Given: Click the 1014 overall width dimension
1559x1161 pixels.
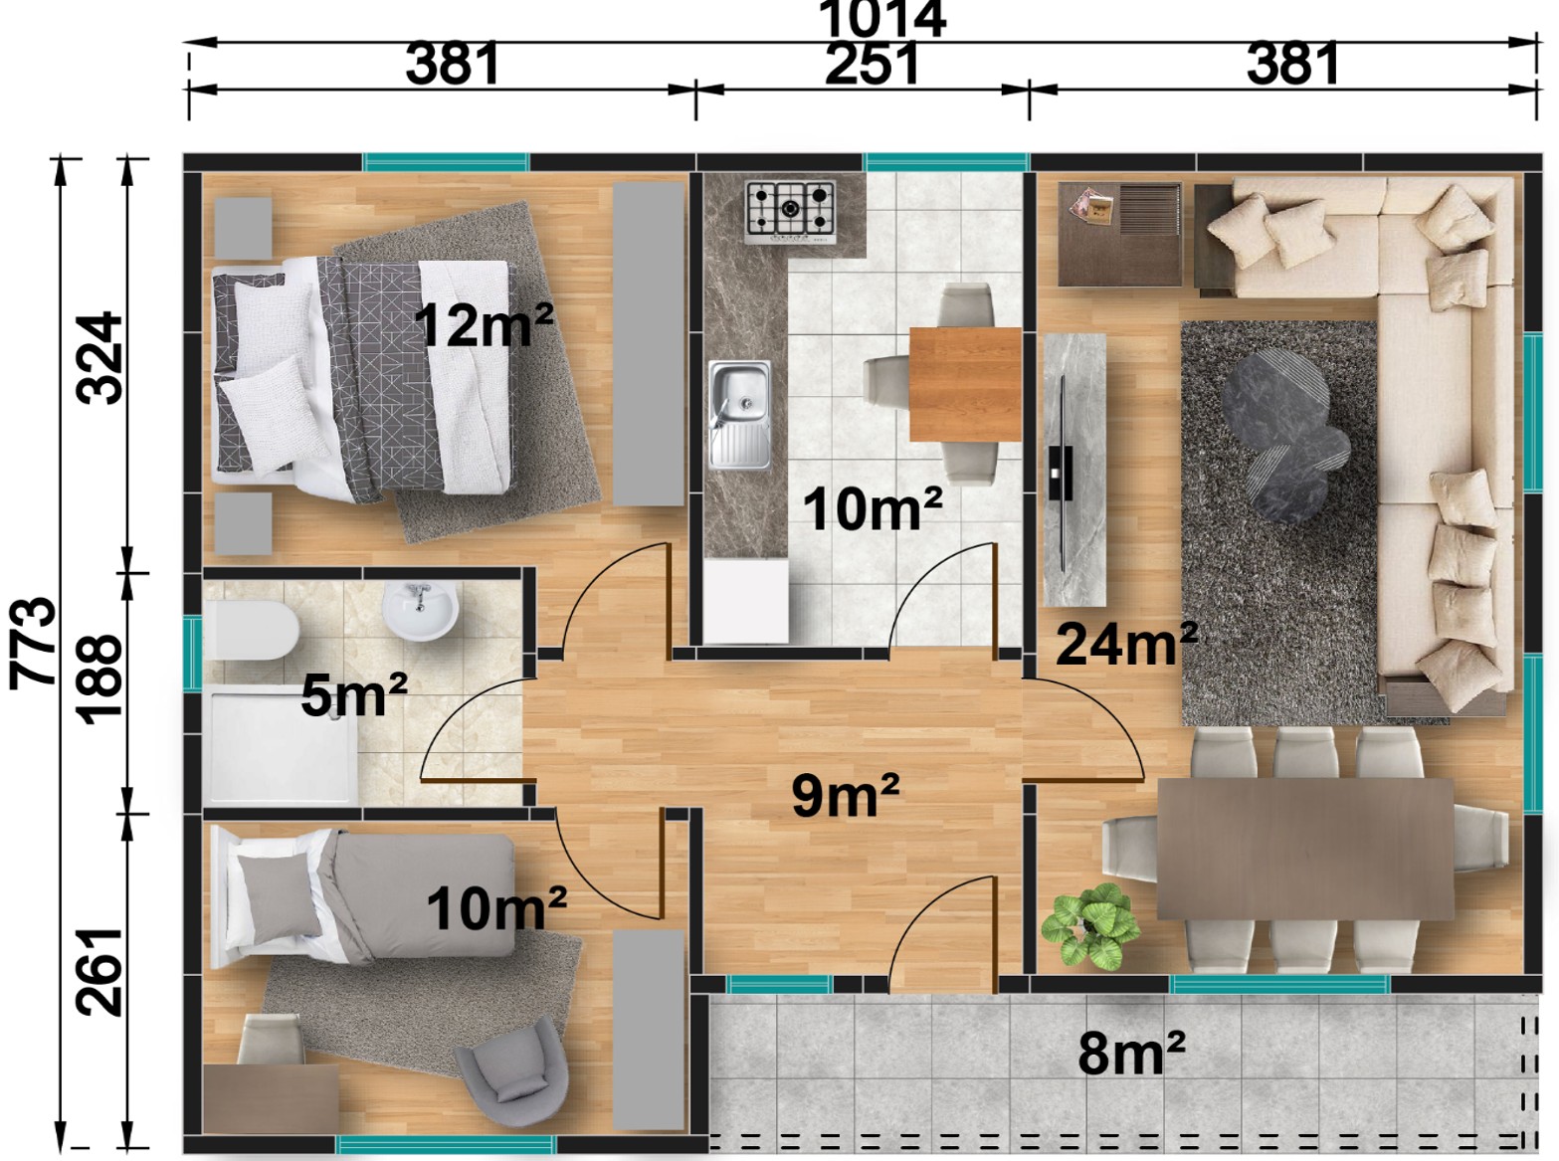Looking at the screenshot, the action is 882,20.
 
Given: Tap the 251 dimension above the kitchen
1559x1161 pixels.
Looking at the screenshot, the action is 873,64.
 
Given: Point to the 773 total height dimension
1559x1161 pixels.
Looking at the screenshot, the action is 32,642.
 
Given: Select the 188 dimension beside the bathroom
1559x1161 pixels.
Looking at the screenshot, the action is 99,678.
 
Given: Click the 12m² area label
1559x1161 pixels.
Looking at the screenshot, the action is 484,324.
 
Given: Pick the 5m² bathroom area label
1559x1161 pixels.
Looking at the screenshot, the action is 353,694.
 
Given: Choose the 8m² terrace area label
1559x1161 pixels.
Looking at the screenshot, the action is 1131,1053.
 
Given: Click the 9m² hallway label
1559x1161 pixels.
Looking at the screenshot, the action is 846,795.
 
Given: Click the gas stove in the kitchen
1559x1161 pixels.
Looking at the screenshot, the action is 790,212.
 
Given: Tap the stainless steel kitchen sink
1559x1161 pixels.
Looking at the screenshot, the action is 739,415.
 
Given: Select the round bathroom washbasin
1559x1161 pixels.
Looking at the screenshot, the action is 420,610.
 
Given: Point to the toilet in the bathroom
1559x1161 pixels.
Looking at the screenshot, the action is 251,630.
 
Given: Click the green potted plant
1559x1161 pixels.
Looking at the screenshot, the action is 1090,926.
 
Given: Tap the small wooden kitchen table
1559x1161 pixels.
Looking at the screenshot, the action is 964,384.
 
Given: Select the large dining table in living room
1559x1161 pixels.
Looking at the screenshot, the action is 1304,849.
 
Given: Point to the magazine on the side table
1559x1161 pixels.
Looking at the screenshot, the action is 1091,206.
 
